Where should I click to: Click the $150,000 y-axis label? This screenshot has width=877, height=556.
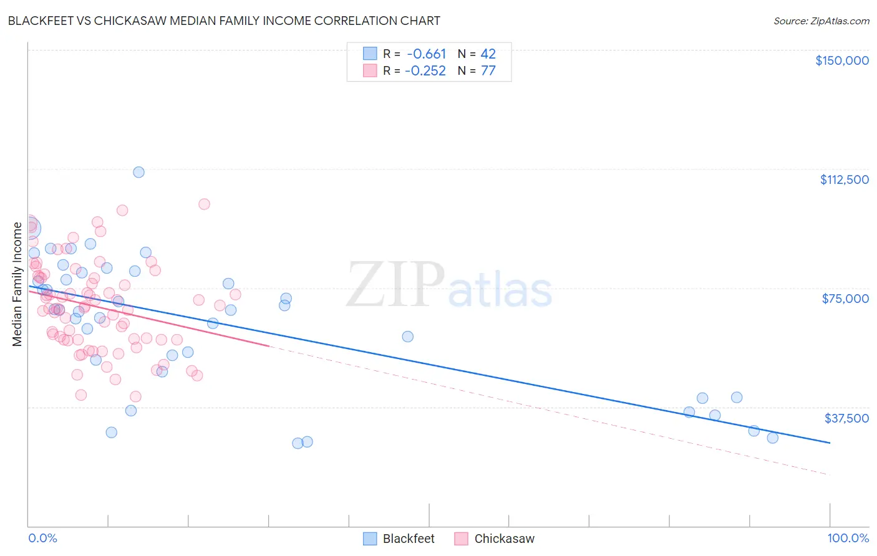pyautogui.click(x=841, y=60)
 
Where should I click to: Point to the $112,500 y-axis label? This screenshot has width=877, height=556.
pyautogui.click(x=844, y=180)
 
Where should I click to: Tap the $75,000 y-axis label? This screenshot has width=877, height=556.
pyautogui.click(x=845, y=299)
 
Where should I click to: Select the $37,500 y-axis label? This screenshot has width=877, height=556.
pyautogui.click(x=846, y=418)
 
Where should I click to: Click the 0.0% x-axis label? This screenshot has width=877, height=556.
pyautogui.click(x=42, y=539)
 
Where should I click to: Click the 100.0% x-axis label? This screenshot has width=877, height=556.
pyautogui.click(x=848, y=539)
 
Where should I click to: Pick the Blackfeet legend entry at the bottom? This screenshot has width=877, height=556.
pyautogui.click(x=399, y=539)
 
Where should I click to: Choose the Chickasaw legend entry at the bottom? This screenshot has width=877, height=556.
pyautogui.click(x=495, y=539)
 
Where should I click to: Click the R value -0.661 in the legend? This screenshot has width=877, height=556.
pyautogui.click(x=426, y=54)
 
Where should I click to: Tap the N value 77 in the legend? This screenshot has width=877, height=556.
pyautogui.click(x=488, y=71)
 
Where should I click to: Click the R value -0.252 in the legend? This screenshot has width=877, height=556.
pyautogui.click(x=425, y=71)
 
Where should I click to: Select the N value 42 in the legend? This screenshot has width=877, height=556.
pyautogui.click(x=488, y=54)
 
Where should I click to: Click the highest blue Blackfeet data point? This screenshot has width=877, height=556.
pyautogui.click(x=138, y=172)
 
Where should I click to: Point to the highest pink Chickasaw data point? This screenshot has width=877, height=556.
pyautogui.click(x=204, y=204)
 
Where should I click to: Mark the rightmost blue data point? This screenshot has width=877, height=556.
pyautogui.click(x=772, y=438)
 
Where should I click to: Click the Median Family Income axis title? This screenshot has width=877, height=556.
pyautogui.click(x=17, y=284)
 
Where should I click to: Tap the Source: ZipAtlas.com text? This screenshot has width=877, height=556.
pyautogui.click(x=821, y=21)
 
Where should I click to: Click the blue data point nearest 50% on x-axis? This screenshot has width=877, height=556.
pyautogui.click(x=407, y=337)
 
